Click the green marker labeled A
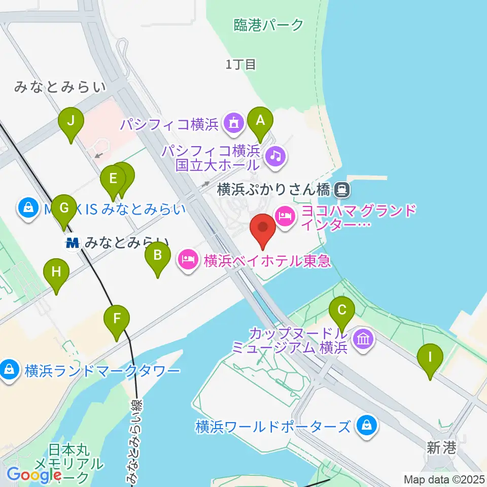pos(260,122)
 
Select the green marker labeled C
pos(342,310)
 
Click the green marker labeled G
pos(64,208)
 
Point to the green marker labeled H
pos(56,273)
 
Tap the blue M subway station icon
pos(74,243)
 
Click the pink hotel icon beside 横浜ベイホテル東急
pos(188,261)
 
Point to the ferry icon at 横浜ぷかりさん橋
pos(342,190)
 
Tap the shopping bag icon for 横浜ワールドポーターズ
pos(366,425)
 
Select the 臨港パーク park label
pos(269,25)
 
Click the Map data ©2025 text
pos(444,478)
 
